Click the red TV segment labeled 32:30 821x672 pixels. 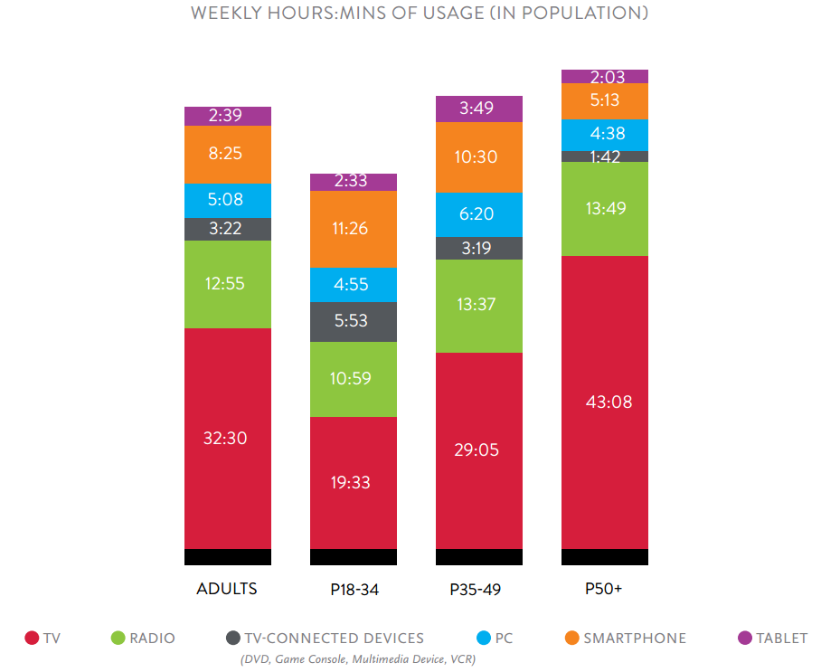pyautogui.click(x=227, y=439)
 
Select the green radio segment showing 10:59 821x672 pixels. pyautogui.click(x=353, y=379)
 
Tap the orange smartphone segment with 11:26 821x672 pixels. pyautogui.click(x=353, y=229)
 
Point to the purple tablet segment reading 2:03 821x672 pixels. pyautogui.click(x=604, y=76)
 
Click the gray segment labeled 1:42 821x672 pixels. pyautogui.click(x=604, y=156)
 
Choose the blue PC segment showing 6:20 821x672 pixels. pyautogui.click(x=478, y=215)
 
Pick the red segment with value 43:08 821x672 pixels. pyautogui.click(x=604, y=402)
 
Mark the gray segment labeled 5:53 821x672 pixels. pyautogui.click(x=353, y=322)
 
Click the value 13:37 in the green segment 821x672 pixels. pyautogui.click(x=478, y=304)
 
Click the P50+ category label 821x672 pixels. pyautogui.click(x=604, y=589)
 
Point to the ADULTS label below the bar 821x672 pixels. pyautogui.click(x=227, y=589)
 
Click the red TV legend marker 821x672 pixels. pyautogui.click(x=32, y=639)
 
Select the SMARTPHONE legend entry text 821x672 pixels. pyautogui.click(x=635, y=639)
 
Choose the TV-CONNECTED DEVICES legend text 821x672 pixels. pyautogui.click(x=334, y=639)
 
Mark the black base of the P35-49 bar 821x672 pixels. pyautogui.click(x=478, y=557)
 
